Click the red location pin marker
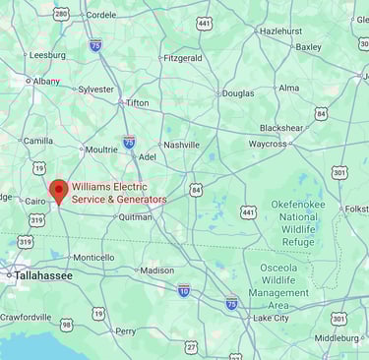click(58, 191)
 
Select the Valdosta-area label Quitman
click(135, 217)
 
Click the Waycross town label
click(268, 144)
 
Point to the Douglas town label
click(237, 93)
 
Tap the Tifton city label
click(138, 102)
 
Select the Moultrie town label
click(101, 150)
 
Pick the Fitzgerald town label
click(182, 58)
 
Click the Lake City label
click(271, 318)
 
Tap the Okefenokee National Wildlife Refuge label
click(298, 222)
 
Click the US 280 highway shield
click(61, 13)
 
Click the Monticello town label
click(93, 258)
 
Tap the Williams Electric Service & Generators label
click(119, 193)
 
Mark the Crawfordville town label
click(26, 318)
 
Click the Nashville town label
click(181, 145)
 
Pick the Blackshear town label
click(281, 128)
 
